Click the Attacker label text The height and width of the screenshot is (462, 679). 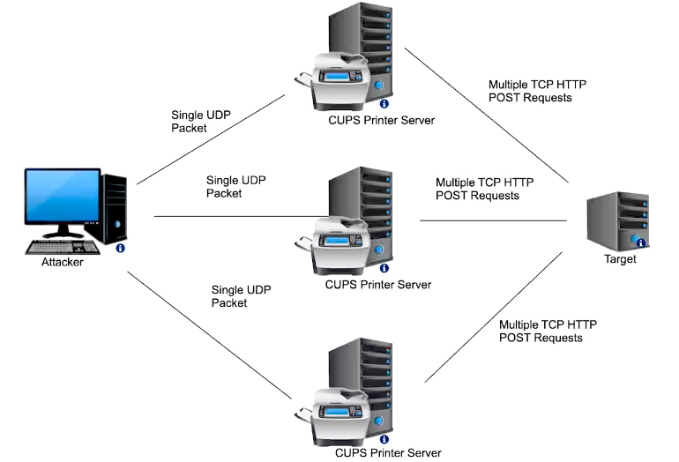62,262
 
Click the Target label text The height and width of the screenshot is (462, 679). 620,259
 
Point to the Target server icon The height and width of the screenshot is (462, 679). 618,220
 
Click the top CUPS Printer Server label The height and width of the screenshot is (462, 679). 380,120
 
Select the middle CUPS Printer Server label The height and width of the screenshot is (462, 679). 378,285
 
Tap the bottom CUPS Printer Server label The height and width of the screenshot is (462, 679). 388,453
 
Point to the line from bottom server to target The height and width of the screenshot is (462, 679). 494,317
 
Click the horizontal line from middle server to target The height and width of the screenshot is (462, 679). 494,220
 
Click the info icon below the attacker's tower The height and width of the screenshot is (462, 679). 120,249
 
